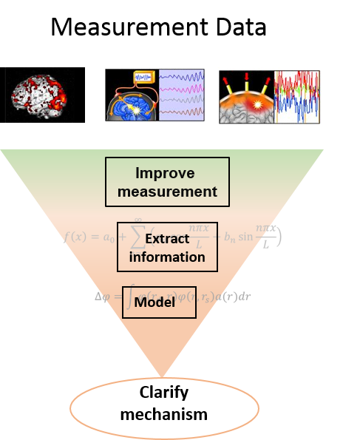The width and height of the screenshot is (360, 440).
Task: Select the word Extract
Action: (x=167, y=239)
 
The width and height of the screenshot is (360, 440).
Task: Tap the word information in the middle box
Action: (x=167, y=257)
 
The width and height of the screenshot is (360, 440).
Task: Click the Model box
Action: (x=159, y=302)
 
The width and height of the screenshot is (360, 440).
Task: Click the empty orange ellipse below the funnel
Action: (x=164, y=408)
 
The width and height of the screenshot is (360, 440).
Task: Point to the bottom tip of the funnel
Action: (x=162, y=375)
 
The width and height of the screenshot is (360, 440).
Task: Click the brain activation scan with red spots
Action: (x=39, y=95)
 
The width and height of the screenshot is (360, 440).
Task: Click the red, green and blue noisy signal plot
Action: (x=297, y=96)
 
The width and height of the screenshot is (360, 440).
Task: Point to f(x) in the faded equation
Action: (x=75, y=237)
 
